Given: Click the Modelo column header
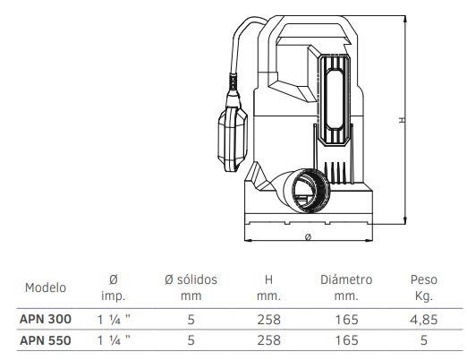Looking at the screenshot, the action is pos(46,287).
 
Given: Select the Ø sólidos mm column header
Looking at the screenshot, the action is pos(191,287).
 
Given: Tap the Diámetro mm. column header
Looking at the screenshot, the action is pos(346,287).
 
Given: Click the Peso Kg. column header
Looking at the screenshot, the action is pos(424,287).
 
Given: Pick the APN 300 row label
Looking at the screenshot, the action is pos(46,319).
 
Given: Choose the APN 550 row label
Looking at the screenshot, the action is pos(46,340).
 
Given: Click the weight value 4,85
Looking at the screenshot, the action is pos(424,320).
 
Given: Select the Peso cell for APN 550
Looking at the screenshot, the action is pos(424,340).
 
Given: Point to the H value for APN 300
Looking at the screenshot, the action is pos(268,320).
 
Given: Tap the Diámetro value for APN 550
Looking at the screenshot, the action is pos(346,340).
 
